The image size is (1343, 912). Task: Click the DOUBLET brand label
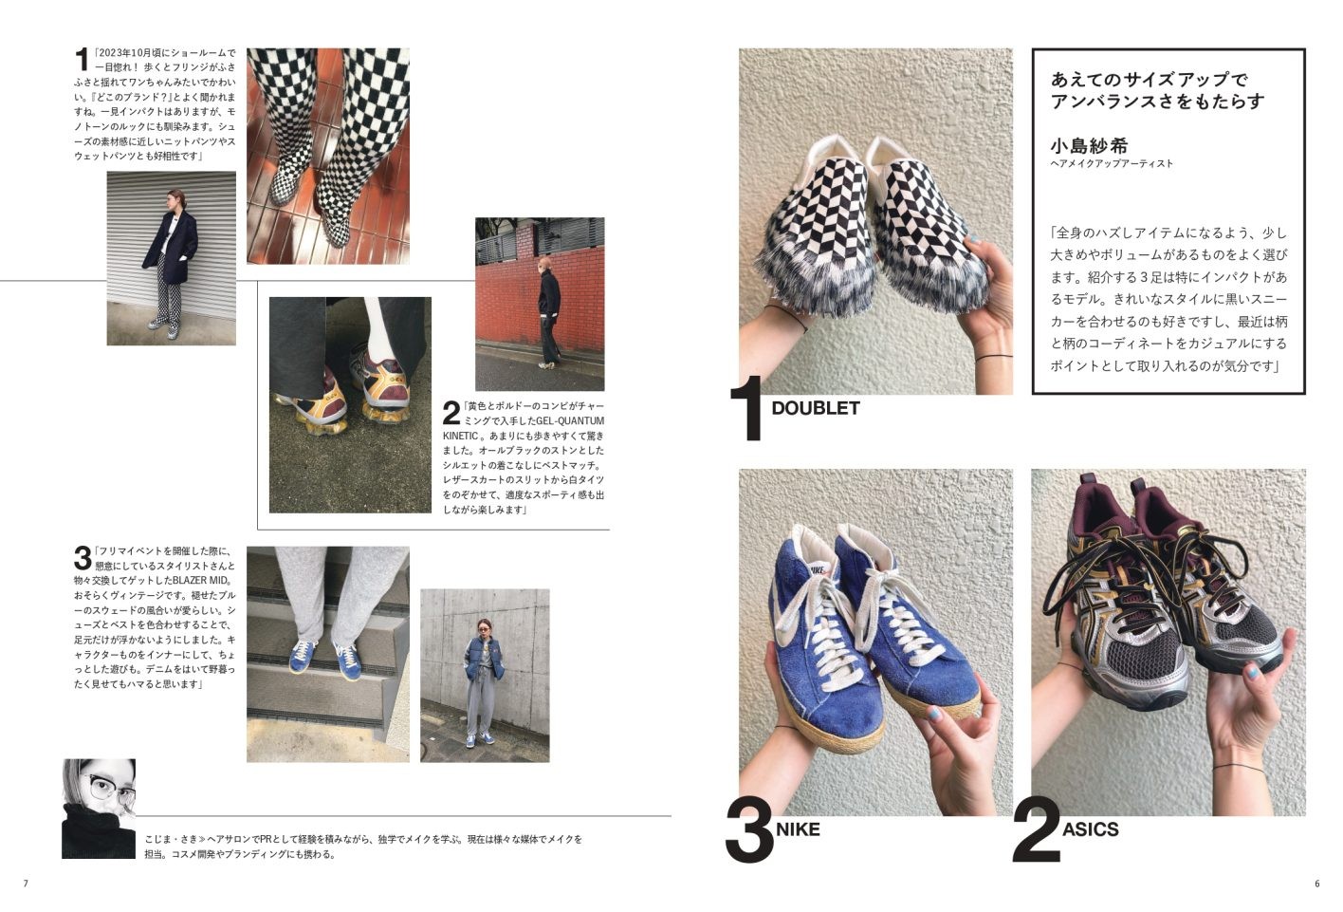click(815, 409)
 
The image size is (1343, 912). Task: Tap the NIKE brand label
click(798, 829)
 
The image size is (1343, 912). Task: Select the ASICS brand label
click(1090, 829)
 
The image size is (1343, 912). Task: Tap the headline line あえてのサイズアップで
click(1149, 79)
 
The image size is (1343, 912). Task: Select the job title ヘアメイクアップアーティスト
click(1111, 164)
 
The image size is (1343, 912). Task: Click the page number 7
click(27, 884)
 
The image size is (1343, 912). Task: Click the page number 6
click(1316, 884)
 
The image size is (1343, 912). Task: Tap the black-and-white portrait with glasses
click(99, 808)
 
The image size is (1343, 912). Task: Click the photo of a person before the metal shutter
click(171, 257)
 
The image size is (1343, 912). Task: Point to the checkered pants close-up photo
click(327, 156)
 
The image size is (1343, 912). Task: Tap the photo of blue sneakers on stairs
click(327, 653)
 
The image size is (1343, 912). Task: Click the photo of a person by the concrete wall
click(484, 675)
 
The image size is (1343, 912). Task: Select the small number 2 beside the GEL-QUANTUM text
click(451, 413)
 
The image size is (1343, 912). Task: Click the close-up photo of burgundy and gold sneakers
click(349, 404)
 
